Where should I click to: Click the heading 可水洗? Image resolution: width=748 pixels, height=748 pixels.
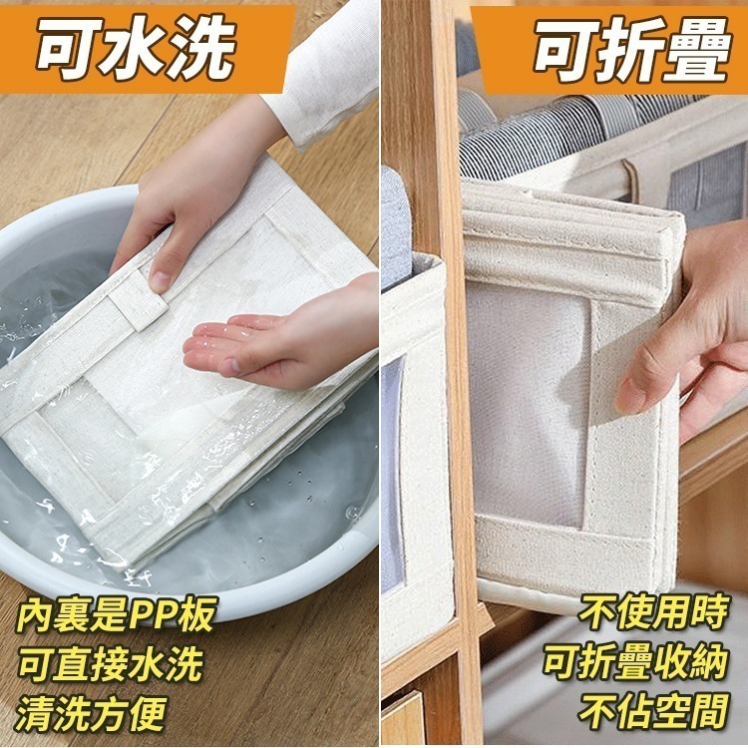(x=136, y=44)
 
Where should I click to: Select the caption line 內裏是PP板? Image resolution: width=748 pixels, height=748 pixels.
(x=116, y=615)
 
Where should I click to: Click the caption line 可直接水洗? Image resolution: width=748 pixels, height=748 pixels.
(x=110, y=663)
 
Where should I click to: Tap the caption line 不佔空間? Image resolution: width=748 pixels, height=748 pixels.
(x=653, y=710)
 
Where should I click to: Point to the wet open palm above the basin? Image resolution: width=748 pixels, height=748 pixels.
(x=269, y=344)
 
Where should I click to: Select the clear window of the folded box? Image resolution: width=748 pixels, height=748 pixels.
(x=529, y=399)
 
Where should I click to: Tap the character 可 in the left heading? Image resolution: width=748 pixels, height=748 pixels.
(x=70, y=44)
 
